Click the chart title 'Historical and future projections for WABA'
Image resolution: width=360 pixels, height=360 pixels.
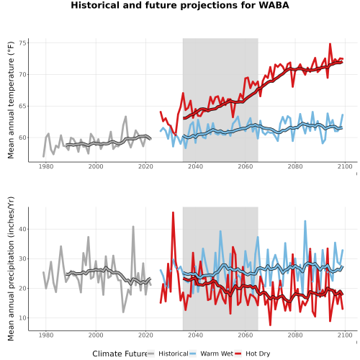pyautogui.click(x=180, y=5)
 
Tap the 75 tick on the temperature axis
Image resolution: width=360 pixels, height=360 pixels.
pyautogui.click(x=24, y=43)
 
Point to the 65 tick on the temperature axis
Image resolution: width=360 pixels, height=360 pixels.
pyautogui.click(x=24, y=106)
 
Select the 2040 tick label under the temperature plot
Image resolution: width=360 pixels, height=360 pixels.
pyautogui.click(x=195, y=166)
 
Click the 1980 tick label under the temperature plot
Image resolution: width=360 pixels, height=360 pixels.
pyautogui.click(x=46, y=166)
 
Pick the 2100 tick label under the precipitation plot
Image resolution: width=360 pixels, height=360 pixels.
pyautogui.click(x=345, y=335)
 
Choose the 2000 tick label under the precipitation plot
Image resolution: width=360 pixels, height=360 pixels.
pyautogui.click(x=96, y=335)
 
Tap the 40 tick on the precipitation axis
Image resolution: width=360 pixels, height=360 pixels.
pyautogui.click(x=24, y=229)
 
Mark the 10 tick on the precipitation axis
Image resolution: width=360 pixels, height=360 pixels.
pyautogui.click(x=24, y=318)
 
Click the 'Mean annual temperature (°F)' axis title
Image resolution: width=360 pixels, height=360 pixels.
pyautogui.click(x=11, y=100)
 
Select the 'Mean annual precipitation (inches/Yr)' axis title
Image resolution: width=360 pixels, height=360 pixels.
pyautogui.click(x=11, y=269)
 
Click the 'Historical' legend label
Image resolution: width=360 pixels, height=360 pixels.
pyautogui.click(x=174, y=354)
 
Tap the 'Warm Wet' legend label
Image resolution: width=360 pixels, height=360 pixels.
pyautogui.click(x=217, y=354)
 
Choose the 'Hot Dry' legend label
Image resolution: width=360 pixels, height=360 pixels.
pyautogui.click(x=258, y=354)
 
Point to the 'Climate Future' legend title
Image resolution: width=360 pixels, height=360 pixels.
pyautogui.click(x=120, y=354)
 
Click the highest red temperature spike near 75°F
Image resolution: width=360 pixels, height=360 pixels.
pyautogui.click(x=330, y=44)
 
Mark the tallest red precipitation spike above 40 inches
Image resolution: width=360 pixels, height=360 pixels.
pyautogui.click(x=173, y=212)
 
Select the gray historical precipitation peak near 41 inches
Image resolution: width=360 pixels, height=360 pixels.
pyautogui.click(x=133, y=227)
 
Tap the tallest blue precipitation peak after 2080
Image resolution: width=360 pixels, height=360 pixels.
pyautogui.click(x=305, y=221)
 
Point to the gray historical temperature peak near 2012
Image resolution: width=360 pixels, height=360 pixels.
pyautogui.click(x=125, y=117)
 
